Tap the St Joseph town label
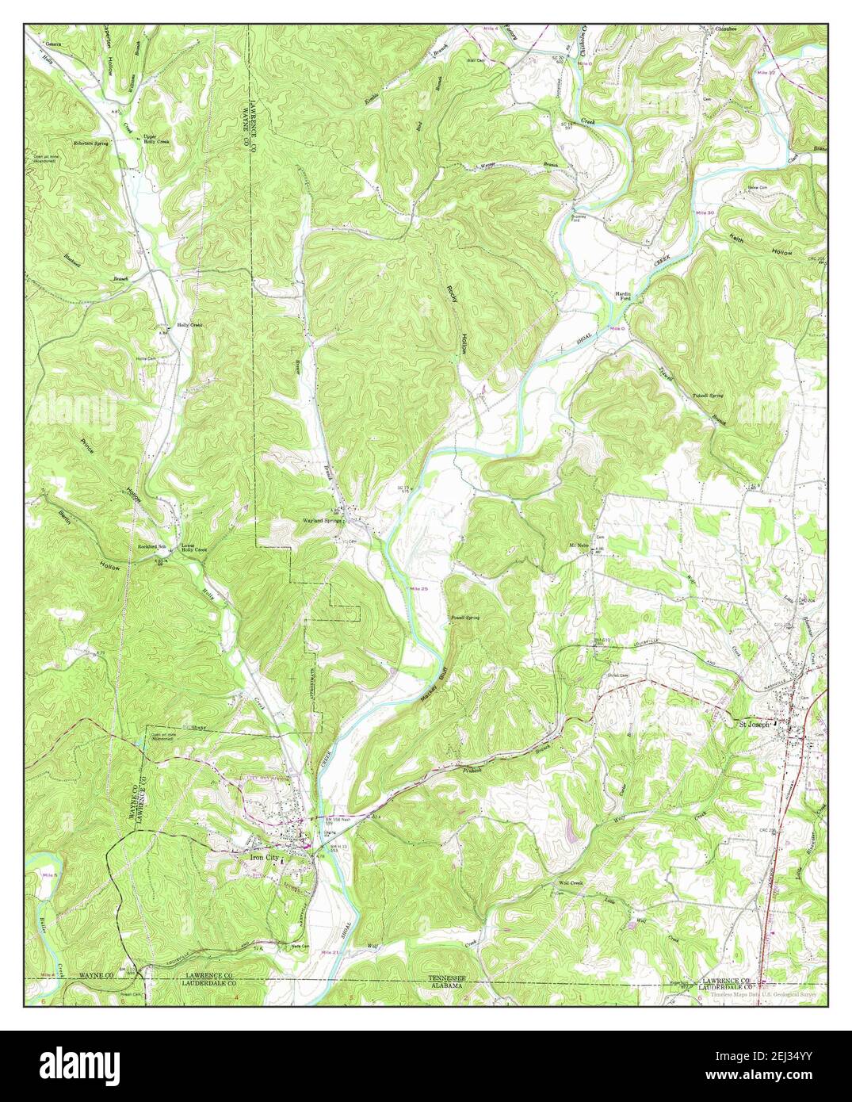(x=754, y=723)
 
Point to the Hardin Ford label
(x=625, y=297)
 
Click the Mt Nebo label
(x=579, y=545)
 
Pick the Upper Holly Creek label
(x=155, y=139)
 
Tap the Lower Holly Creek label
(x=193, y=548)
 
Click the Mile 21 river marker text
(x=331, y=951)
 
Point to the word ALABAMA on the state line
(x=448, y=986)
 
